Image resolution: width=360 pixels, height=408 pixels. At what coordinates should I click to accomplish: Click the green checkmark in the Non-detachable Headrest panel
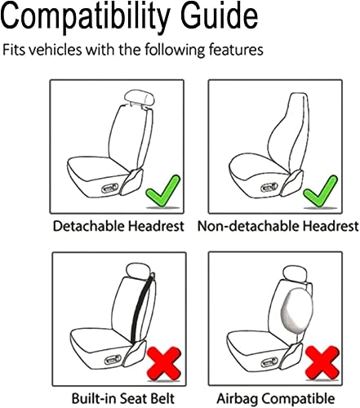point(318,193)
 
